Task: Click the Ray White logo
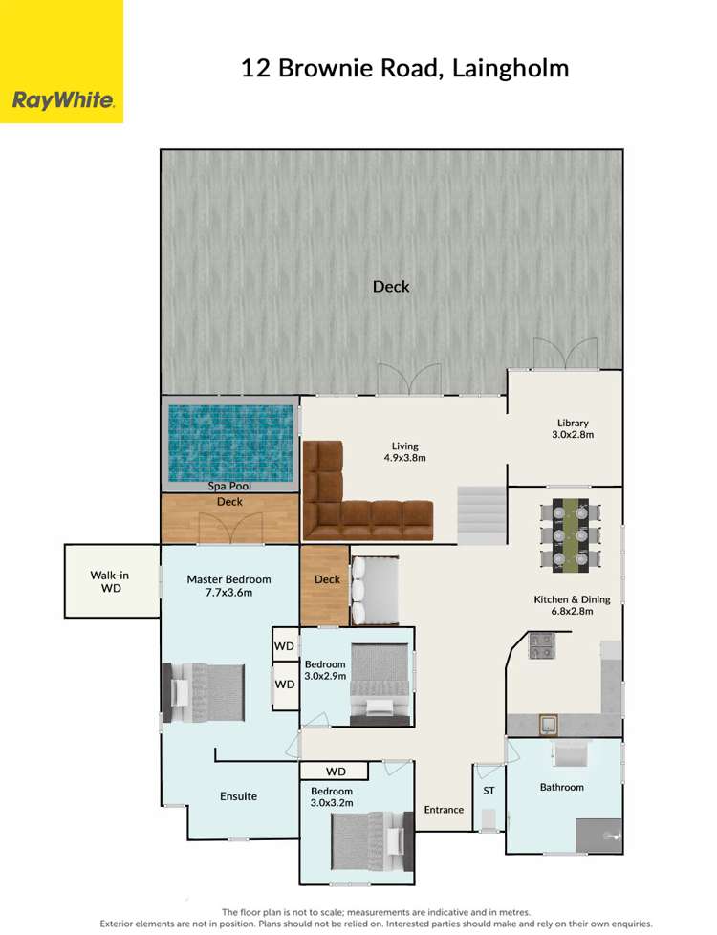pyautogui.click(x=62, y=100)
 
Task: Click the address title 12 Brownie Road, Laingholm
pyautogui.click(x=404, y=68)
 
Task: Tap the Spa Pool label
pyautogui.click(x=229, y=486)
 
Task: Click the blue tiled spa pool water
pyautogui.click(x=229, y=443)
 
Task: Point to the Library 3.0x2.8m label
pyautogui.click(x=573, y=428)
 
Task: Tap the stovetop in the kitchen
pyautogui.click(x=541, y=646)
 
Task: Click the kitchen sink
pyautogui.click(x=549, y=724)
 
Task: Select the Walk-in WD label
pyautogui.click(x=111, y=580)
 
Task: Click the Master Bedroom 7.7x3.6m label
pyautogui.click(x=228, y=585)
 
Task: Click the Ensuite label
pyautogui.click(x=238, y=795)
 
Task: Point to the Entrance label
pyautogui.click(x=444, y=810)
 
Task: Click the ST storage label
pyautogui.click(x=489, y=791)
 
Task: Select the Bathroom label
pyautogui.click(x=561, y=787)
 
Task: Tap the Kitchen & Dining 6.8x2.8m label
pyautogui.click(x=571, y=605)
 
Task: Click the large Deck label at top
pyautogui.click(x=391, y=286)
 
